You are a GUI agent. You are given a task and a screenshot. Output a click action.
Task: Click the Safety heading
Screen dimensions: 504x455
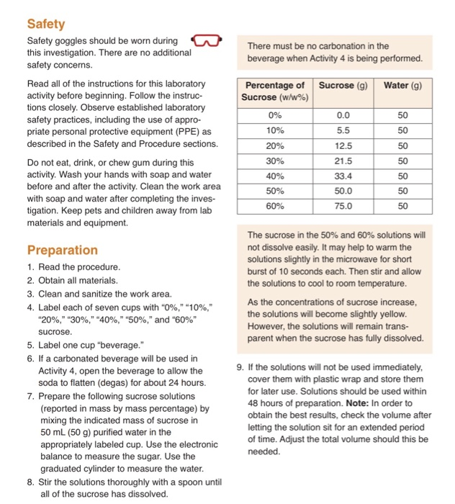click(46, 24)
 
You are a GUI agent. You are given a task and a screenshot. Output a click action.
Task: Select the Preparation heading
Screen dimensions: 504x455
click(63, 250)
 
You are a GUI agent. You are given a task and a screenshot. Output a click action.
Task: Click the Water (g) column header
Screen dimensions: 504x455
click(402, 86)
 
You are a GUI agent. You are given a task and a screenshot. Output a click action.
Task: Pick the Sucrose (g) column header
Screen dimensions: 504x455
click(343, 86)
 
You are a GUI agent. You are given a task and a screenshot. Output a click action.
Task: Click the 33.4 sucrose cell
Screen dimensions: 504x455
click(343, 176)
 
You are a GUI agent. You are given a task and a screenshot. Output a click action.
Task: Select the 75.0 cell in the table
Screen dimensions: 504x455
click(343, 206)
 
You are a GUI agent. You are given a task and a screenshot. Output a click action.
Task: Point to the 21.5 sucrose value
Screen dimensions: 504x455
click(343, 161)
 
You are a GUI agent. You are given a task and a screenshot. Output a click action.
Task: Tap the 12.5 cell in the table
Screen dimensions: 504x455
click(343, 145)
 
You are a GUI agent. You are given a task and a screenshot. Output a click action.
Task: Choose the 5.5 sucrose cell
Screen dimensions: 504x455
click(343, 130)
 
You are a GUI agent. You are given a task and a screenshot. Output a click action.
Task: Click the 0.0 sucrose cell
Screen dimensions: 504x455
click(343, 115)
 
